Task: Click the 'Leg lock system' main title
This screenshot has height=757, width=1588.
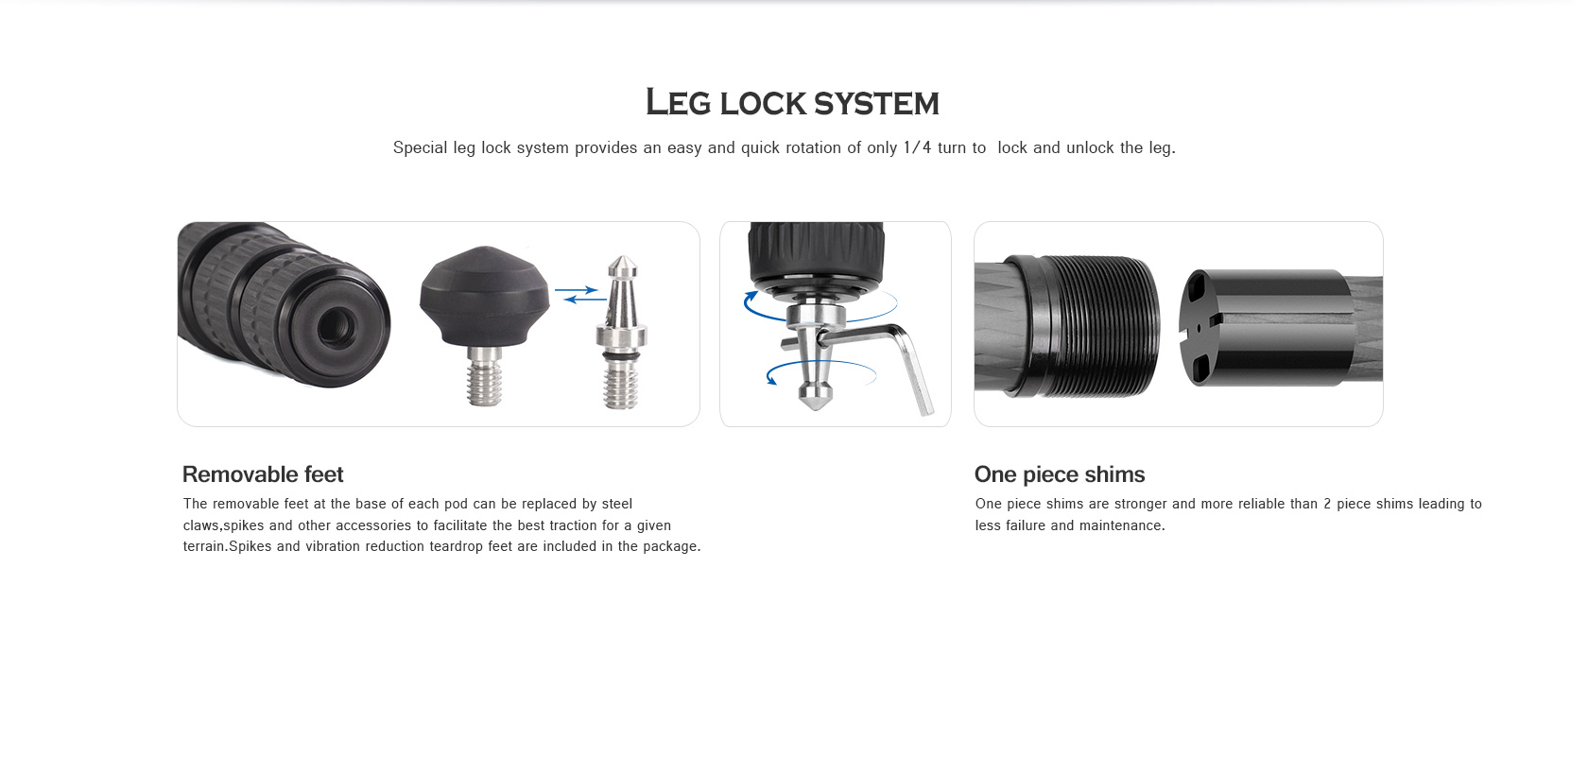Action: pyautogui.click(x=792, y=103)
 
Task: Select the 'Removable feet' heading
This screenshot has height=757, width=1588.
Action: pyautogui.click(x=263, y=474)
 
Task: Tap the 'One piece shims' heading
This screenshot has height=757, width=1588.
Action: pyautogui.click(x=1059, y=474)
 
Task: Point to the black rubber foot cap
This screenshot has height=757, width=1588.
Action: pyautogui.click(x=485, y=296)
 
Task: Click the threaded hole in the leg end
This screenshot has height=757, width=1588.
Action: pyautogui.click(x=336, y=325)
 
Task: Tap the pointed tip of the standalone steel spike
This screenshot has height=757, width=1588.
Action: pyautogui.click(x=622, y=257)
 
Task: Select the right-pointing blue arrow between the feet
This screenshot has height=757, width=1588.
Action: pyautogui.click(x=577, y=289)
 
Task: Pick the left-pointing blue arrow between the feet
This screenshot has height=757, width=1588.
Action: pyautogui.click(x=585, y=299)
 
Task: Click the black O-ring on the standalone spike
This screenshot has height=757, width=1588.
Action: pyautogui.click(x=621, y=356)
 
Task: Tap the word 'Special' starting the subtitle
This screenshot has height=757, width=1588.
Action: pyautogui.click(x=421, y=148)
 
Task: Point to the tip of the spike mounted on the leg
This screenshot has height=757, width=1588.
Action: pyautogui.click(x=815, y=407)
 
